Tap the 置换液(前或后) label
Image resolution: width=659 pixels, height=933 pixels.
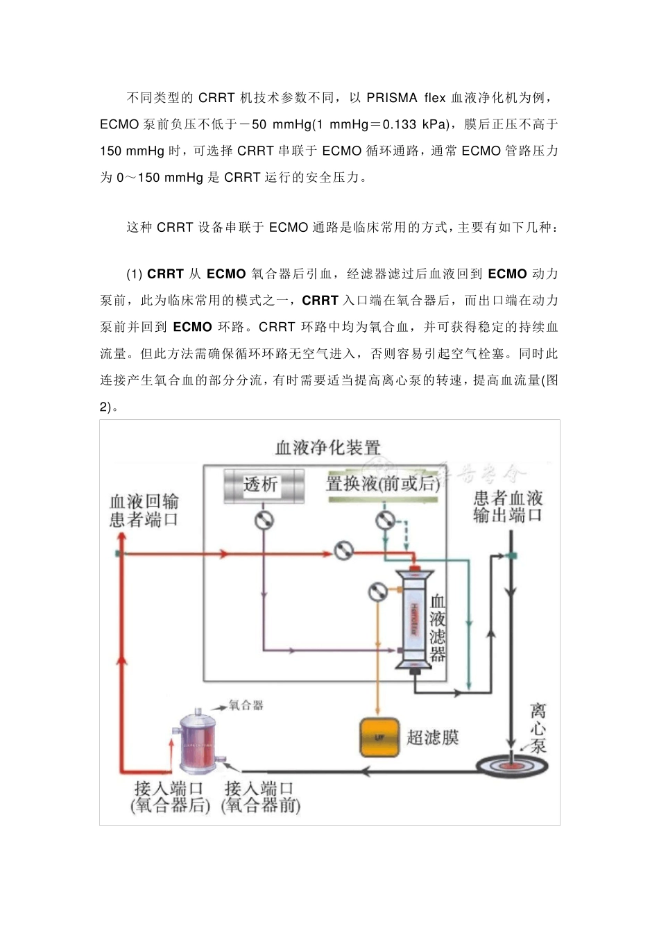coord(382,484)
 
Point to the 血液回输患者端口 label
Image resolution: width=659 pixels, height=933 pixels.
coord(144,510)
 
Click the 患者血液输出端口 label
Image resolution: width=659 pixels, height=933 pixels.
coord(508,506)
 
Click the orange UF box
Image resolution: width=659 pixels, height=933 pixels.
coord(379,737)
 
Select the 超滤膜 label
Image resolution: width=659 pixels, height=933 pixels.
coord(432,737)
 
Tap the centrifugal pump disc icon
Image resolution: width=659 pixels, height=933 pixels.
coord(512,764)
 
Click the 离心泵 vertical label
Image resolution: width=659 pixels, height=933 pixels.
coord(538,728)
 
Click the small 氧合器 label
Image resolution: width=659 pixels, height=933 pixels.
coord(246,706)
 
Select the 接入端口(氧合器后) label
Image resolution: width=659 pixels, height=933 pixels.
coord(170,797)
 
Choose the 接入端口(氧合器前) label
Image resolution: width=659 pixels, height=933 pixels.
coord(260,797)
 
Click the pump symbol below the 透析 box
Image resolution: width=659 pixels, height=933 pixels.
coord(264,521)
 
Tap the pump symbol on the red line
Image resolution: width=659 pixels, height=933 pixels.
coord(343,551)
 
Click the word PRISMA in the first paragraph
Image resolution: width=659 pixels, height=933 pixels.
coord(392,98)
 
